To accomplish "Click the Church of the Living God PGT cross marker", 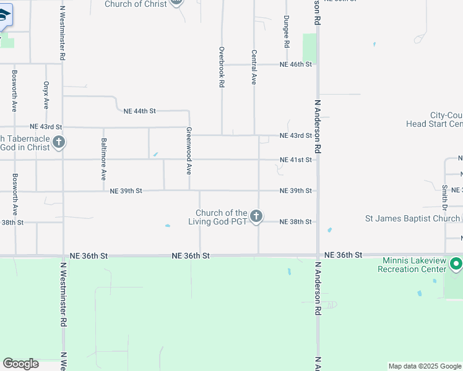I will point(256,216).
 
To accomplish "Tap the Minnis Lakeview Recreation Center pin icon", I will point(456,265).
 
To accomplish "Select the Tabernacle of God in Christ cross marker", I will point(59,143).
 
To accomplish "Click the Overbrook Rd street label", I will point(222,66).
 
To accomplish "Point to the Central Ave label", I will point(253,67).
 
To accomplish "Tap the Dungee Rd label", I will point(286,32).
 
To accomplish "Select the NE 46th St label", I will point(295,64).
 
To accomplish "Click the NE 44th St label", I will point(139,111).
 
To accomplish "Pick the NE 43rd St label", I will point(295,135).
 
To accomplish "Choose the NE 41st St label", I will point(295,160).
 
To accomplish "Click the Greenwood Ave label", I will point(189,151).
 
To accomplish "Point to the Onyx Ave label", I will point(46,95).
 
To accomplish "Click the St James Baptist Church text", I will point(412,218).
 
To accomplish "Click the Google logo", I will point(20,364).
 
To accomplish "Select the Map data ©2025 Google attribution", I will point(425,366).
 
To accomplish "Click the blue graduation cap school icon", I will point(3,16).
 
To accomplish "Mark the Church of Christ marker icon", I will point(176,2).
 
